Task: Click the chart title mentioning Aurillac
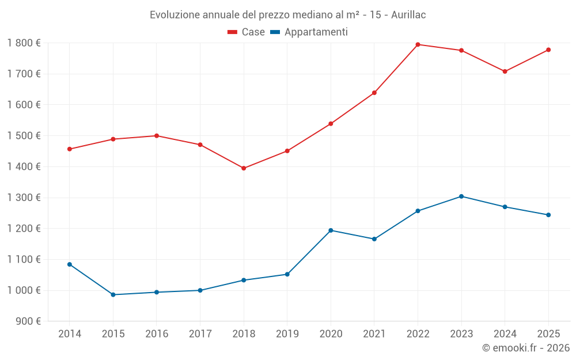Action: click(x=287, y=14)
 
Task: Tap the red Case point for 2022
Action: click(x=418, y=44)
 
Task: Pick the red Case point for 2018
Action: click(x=244, y=168)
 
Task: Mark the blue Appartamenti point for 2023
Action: click(x=461, y=196)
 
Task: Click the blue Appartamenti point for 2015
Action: click(x=113, y=295)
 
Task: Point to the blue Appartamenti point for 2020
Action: click(x=331, y=230)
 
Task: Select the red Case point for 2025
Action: click(x=548, y=50)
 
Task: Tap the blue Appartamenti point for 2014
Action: click(x=70, y=264)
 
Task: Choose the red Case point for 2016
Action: click(x=157, y=136)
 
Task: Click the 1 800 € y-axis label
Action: click(x=24, y=43)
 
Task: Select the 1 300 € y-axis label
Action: click(x=24, y=198)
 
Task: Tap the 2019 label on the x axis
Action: click(x=287, y=334)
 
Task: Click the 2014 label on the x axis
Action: click(x=70, y=334)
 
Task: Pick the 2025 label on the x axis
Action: click(x=548, y=334)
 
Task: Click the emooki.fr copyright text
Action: click(x=525, y=348)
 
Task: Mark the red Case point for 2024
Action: click(x=505, y=71)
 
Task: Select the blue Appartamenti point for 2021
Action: click(x=374, y=239)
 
